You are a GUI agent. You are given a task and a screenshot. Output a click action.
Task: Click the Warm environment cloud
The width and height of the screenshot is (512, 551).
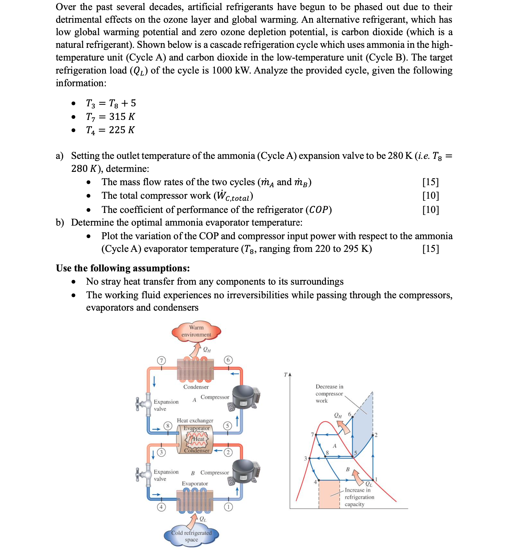[x=196, y=331]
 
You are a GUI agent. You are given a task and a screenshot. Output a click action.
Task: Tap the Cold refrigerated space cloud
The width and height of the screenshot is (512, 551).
[x=191, y=536]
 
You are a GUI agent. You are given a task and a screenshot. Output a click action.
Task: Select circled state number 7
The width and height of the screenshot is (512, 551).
[x=161, y=360]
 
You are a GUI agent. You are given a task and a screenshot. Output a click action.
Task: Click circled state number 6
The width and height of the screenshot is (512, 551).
[x=228, y=360]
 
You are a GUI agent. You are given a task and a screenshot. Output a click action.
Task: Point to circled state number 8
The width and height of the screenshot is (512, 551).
[x=168, y=426]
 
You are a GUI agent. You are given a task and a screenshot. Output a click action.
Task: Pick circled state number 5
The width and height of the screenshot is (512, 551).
[x=227, y=426]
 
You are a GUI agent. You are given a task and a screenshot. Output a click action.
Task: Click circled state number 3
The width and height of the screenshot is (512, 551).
[x=161, y=452]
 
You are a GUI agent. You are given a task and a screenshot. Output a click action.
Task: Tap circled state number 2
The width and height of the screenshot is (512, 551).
[x=228, y=452]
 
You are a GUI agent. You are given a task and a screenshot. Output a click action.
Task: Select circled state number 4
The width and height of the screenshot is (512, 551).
[x=161, y=507]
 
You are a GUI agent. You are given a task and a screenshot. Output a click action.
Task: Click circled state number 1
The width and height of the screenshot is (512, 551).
[x=228, y=507]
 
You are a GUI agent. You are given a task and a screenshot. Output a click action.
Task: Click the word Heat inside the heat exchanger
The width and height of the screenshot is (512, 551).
[x=198, y=439]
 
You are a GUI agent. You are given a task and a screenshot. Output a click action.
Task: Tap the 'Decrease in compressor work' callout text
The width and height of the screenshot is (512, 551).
[x=329, y=394]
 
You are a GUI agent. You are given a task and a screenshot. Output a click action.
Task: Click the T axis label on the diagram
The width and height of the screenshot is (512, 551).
[x=285, y=375]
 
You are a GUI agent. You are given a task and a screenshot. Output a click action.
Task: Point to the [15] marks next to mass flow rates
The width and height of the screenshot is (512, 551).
[x=430, y=182]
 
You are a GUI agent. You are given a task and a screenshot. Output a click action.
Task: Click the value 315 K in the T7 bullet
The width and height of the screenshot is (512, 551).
[x=122, y=117]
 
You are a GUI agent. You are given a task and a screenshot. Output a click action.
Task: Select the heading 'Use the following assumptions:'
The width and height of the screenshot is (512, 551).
[x=123, y=268]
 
